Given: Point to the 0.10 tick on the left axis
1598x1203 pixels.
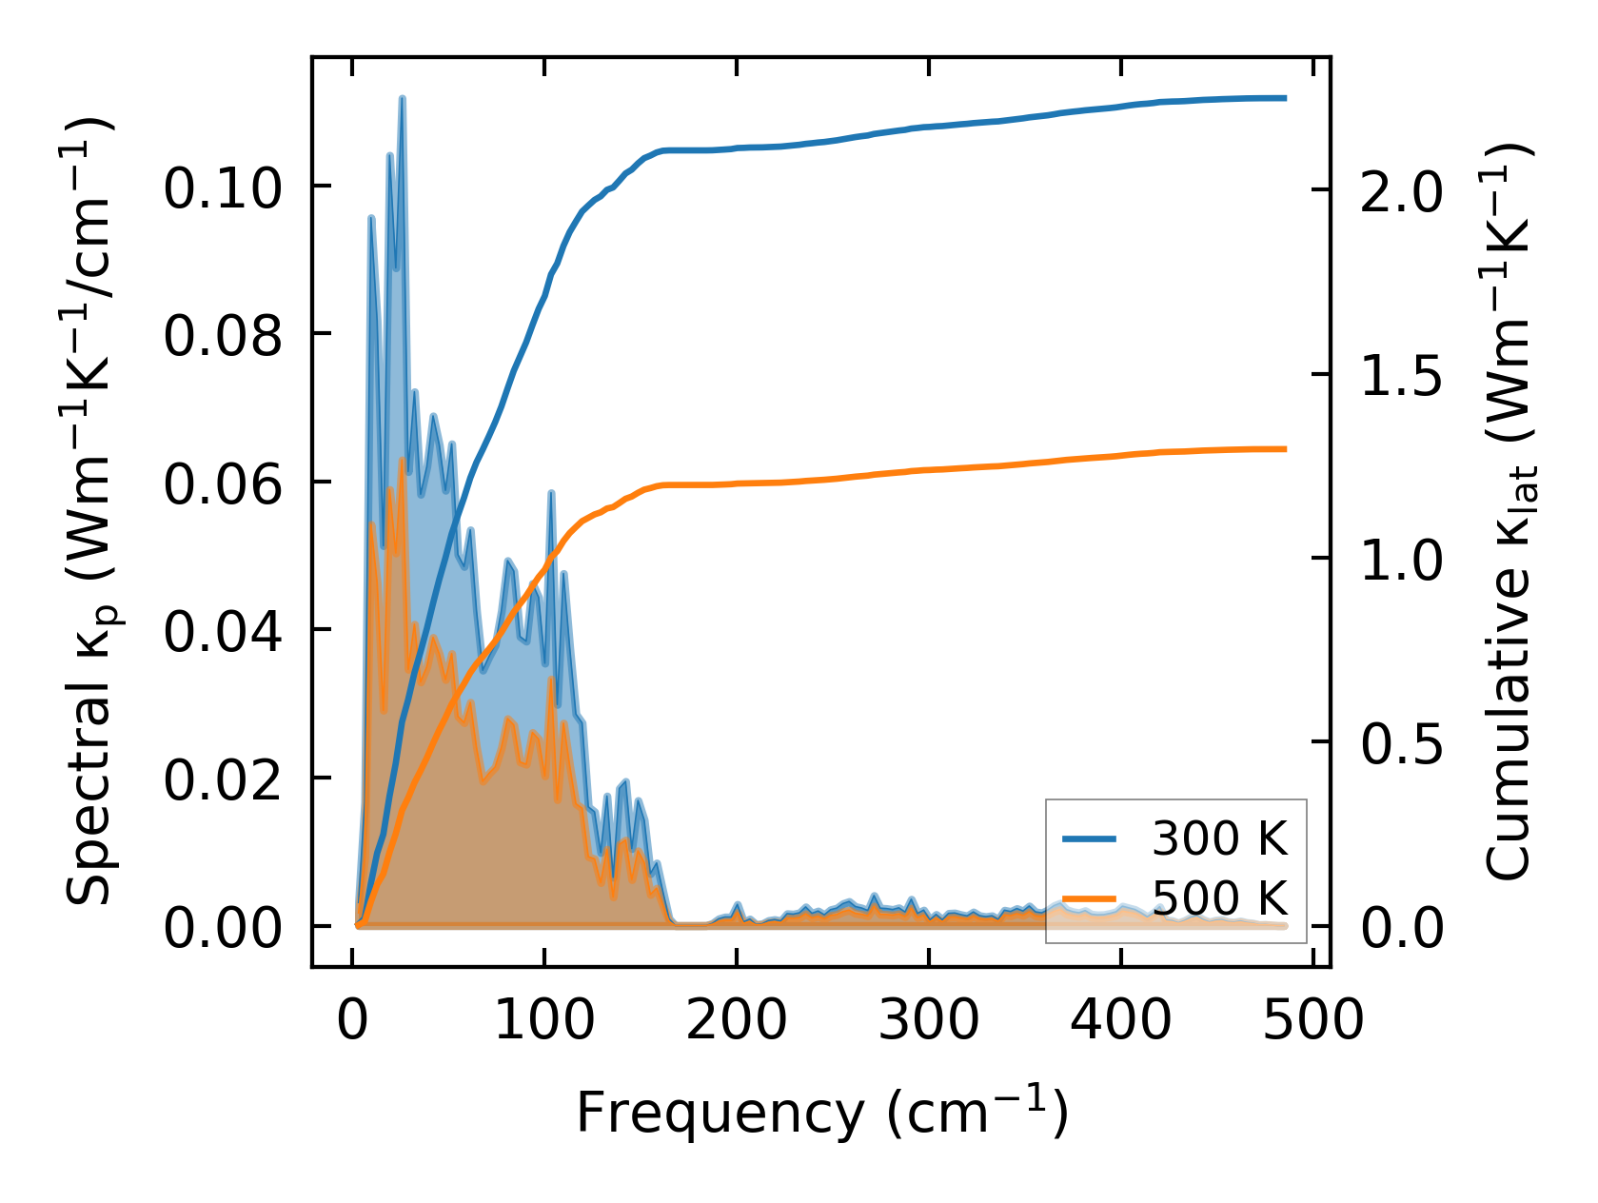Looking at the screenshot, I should pyautogui.click(x=223, y=187).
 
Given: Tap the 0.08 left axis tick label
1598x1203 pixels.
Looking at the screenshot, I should pyautogui.click(x=223, y=335).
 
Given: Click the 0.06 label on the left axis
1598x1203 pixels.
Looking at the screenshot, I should pyautogui.click(x=223, y=483).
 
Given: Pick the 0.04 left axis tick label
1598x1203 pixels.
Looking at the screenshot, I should pyautogui.click(x=223, y=631).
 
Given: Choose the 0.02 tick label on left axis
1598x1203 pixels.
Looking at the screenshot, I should pyautogui.click(x=223, y=779).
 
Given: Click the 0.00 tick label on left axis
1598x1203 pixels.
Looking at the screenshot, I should pyautogui.click(x=223, y=928).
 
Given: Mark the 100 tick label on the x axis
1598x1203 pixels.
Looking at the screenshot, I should pyautogui.click(x=544, y=1021).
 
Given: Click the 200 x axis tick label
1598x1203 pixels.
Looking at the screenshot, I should pyautogui.click(x=737, y=1021).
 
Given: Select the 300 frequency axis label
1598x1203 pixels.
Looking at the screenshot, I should pyautogui.click(x=928, y=1021).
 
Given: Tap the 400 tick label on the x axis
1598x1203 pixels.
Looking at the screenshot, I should pyautogui.click(x=1120, y=1021).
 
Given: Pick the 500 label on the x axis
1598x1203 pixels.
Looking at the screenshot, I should pyautogui.click(x=1312, y=1021).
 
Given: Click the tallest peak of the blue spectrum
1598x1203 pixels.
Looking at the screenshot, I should pyautogui.click(x=403, y=98).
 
